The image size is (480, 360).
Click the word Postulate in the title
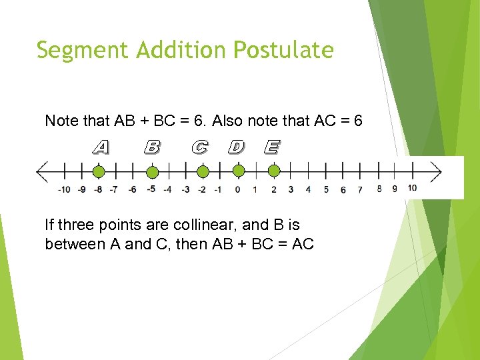pyautogui.click(x=284, y=50)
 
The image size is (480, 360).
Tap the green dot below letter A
pyautogui.click(x=99, y=172)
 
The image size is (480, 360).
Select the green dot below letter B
pyautogui.click(x=152, y=172)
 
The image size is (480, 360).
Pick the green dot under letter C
pyautogui.click(x=203, y=172)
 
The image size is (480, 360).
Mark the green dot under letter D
pyautogui.click(x=239, y=172)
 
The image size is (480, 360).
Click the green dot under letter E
pyautogui.click(x=273, y=172)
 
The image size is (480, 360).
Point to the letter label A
pyautogui.click(x=100, y=146)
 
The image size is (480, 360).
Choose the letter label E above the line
pyautogui.click(x=271, y=146)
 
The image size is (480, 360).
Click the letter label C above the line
pyautogui.click(x=199, y=146)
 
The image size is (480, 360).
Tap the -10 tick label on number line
pyautogui.click(x=64, y=189)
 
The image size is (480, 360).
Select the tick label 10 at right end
pyautogui.click(x=412, y=188)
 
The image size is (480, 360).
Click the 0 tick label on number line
pyautogui.click(x=238, y=189)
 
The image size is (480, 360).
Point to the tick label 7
pyautogui.click(x=360, y=189)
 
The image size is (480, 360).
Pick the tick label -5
pyautogui.click(x=151, y=189)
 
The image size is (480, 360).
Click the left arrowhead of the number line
pyautogui.click(x=41, y=172)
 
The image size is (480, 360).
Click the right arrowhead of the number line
pyautogui.click(x=436, y=172)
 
